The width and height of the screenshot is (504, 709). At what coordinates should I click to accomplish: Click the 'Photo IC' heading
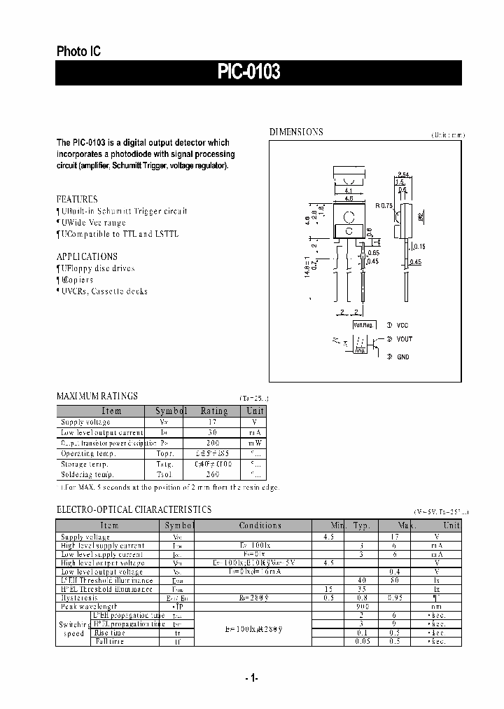pos(78,51)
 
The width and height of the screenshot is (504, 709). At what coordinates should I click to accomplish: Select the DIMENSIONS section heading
pos(296,132)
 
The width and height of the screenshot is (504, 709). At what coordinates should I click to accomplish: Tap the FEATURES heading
pos(77,199)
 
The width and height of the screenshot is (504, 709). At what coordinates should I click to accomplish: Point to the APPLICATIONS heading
pos(87,256)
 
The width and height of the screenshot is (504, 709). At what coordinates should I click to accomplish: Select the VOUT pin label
pos(405,340)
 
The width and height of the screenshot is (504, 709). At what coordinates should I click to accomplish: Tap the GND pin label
pos(403,357)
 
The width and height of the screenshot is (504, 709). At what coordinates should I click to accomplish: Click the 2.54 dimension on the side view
pos(402,174)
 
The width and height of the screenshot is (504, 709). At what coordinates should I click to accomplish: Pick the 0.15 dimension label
pos(419,246)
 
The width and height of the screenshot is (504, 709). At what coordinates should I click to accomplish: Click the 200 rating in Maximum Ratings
pos(213,443)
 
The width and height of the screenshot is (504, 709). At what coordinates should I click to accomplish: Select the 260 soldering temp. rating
pos(213,474)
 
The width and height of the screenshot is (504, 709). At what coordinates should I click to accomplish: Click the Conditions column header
pos(260,525)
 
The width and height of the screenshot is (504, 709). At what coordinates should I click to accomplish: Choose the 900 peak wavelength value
pos(362,605)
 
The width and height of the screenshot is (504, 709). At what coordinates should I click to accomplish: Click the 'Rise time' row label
pos(111,633)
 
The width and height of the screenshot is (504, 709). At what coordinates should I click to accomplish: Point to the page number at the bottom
pos(252,678)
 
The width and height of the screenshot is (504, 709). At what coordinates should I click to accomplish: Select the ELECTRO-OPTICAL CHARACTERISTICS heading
pos(134,509)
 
